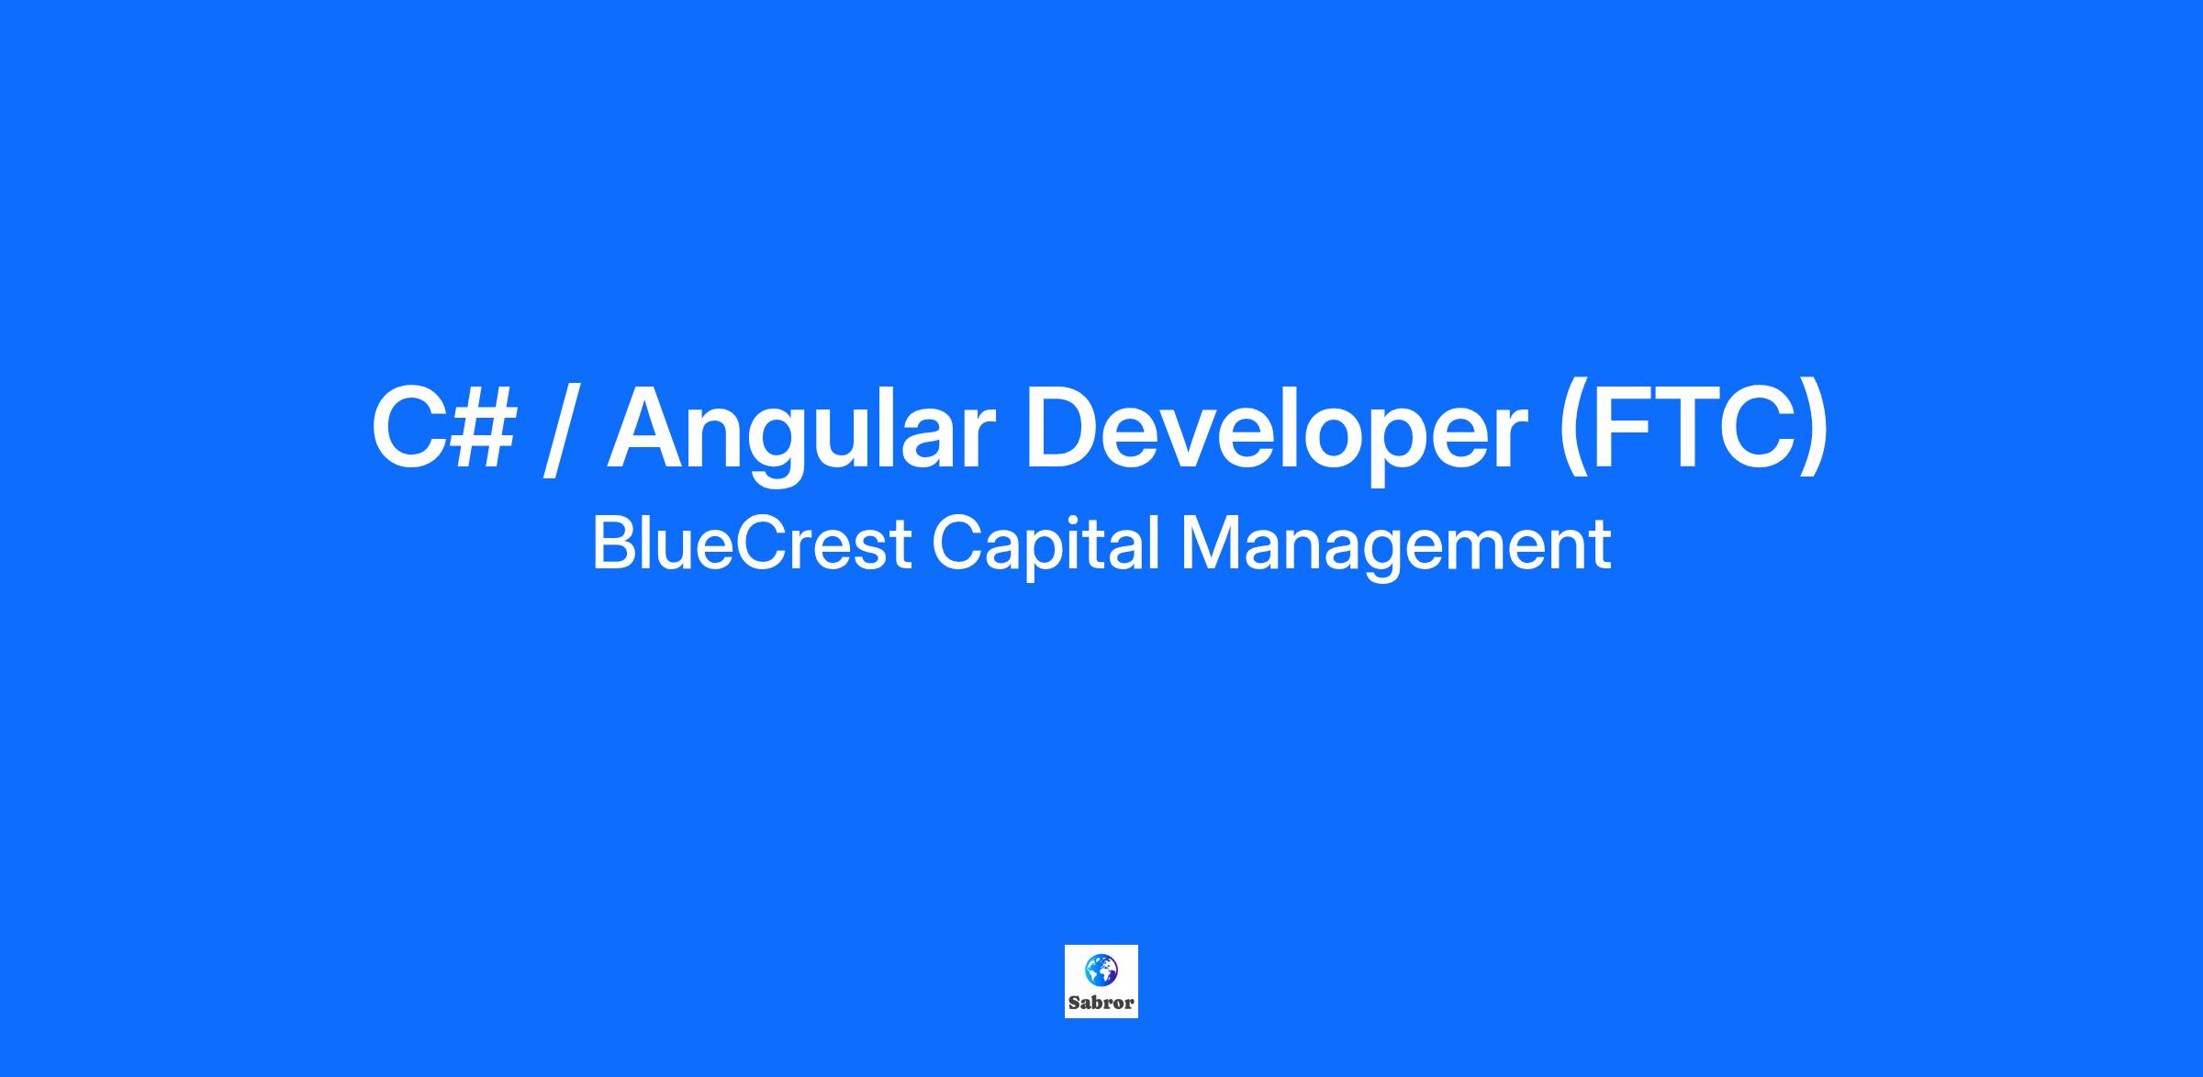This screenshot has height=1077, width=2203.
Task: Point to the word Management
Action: [1395, 547]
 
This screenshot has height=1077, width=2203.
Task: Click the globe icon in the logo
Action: [1101, 970]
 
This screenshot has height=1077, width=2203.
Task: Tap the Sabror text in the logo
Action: [1101, 1003]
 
